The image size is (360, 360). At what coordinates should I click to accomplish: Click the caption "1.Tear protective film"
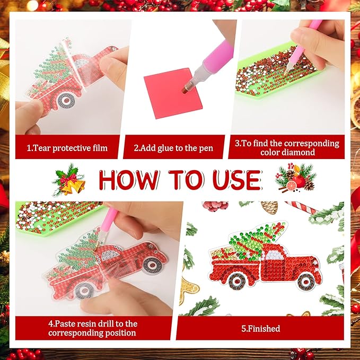[67, 148]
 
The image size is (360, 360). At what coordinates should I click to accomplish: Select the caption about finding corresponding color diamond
[287, 148]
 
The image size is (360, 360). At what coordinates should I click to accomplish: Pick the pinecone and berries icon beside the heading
[296, 179]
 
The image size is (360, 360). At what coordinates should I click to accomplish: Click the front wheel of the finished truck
[306, 280]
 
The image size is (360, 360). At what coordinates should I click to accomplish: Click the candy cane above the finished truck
[302, 207]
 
